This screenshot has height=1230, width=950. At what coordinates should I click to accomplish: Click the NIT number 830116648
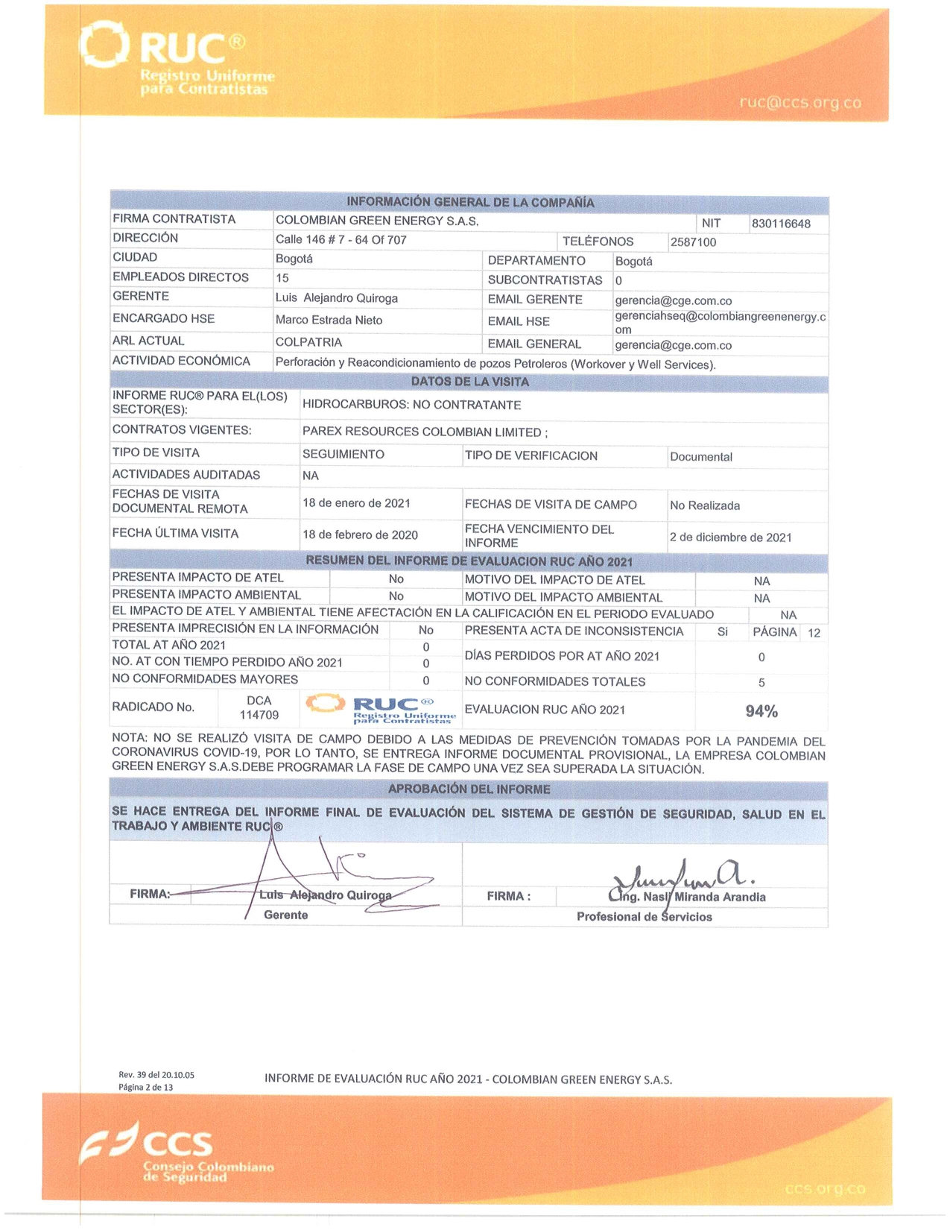click(781, 224)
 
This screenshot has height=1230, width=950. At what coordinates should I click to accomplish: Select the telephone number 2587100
click(693, 242)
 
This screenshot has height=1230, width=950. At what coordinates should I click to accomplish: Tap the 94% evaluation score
click(761, 711)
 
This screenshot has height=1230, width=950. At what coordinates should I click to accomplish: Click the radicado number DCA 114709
click(259, 708)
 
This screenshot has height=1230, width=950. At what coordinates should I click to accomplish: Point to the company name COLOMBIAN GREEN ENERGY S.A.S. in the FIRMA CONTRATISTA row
click(377, 221)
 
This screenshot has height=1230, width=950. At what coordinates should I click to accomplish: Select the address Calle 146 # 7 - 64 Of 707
click(341, 240)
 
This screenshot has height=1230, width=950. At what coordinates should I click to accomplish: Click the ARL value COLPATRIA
click(308, 342)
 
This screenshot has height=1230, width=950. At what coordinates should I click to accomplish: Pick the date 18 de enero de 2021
click(356, 503)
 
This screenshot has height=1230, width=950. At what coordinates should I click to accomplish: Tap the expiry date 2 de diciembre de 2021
click(730, 537)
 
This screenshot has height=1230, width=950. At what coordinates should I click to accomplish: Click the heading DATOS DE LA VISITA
click(470, 382)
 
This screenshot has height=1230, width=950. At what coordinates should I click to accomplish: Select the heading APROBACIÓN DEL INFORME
click(469, 789)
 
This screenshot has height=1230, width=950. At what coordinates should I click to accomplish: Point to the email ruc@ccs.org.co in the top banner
click(800, 103)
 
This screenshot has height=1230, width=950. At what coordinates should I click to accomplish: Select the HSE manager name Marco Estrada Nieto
click(329, 321)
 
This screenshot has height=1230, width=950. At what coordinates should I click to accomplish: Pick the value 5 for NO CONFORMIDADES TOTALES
click(761, 683)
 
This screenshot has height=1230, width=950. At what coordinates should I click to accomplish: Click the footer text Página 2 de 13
click(146, 1088)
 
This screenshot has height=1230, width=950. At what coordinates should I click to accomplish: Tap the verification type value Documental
click(701, 457)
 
